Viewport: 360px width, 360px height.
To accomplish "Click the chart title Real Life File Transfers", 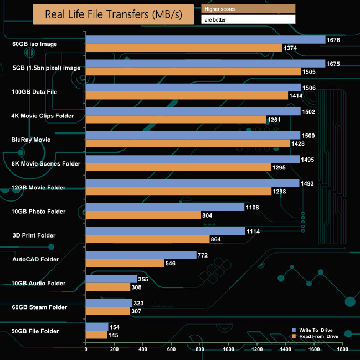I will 114,14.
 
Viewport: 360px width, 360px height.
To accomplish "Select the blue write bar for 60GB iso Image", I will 205,39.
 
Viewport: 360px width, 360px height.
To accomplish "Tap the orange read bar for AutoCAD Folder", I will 125,263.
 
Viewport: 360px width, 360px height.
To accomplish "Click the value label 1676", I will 333,40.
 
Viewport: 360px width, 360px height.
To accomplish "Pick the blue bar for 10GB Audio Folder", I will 112,279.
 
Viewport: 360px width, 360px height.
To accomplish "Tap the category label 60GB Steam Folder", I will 39,307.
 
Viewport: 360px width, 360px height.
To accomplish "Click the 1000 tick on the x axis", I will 228,349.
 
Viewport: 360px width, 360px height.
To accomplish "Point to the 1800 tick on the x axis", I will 342,349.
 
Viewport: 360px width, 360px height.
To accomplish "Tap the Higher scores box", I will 248,8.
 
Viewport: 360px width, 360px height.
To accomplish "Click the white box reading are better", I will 248,19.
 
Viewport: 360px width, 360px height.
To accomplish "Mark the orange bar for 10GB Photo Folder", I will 143,215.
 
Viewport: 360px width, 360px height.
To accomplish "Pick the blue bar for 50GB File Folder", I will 97,327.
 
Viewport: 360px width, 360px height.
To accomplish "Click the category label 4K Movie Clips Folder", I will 42,115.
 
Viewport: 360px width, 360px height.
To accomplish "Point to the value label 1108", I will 253,207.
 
